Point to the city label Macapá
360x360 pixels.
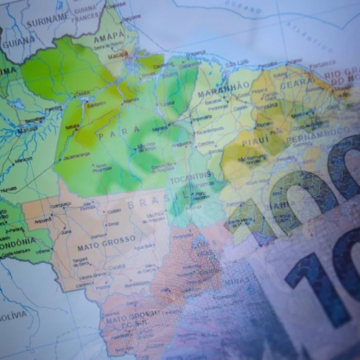coord(117,53)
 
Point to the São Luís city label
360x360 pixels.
coord(238,61)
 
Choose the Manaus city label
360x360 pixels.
coord(27,131)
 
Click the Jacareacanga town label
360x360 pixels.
coord(76,155)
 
